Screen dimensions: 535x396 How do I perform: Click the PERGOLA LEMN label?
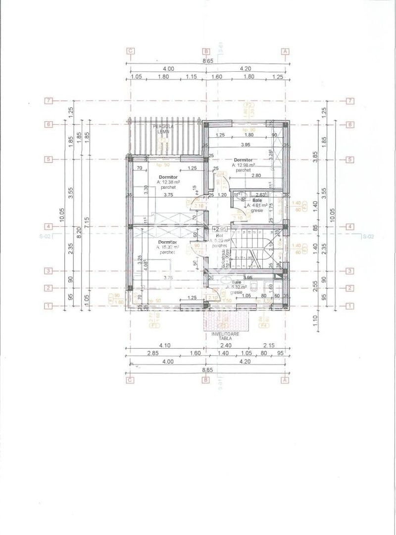tap(162, 130)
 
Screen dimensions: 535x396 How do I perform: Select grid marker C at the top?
tap(131, 51)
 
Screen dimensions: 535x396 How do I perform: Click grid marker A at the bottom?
tap(285, 380)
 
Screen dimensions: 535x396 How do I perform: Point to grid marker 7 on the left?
tap(49, 101)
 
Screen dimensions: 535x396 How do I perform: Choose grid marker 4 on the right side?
tap(349, 227)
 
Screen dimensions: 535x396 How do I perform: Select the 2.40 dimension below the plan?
tap(225, 345)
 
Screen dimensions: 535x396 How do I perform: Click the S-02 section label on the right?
tap(367, 237)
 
